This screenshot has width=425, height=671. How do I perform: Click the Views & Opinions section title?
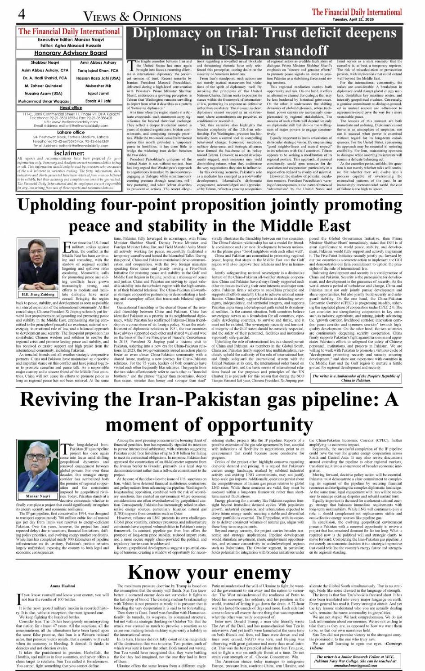132,17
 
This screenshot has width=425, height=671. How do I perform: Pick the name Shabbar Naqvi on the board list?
45,63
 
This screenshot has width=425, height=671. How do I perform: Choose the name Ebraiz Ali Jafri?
98,101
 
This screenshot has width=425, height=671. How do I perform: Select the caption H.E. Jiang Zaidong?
38,294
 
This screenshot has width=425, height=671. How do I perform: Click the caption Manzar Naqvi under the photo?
38,496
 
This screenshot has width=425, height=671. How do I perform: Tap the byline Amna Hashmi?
62,586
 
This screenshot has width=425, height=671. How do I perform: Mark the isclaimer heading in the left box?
69,152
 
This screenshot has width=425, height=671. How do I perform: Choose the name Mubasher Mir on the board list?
98,85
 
